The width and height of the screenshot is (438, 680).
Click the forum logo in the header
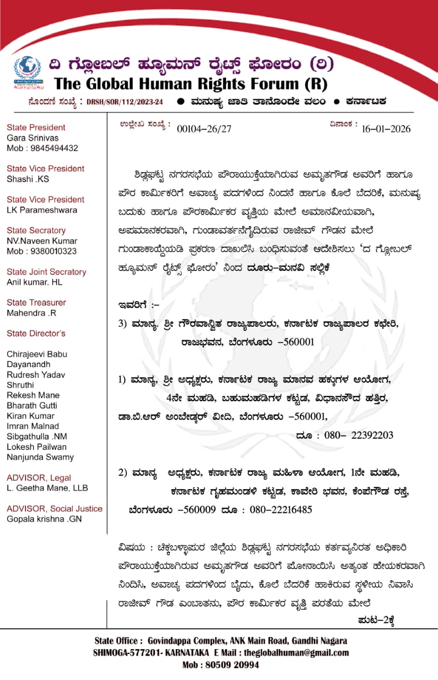pos(27,73)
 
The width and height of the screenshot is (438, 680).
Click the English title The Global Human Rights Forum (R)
pos(191,83)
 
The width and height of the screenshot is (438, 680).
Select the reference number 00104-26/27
pos(204,128)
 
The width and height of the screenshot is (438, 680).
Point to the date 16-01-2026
pos(386,128)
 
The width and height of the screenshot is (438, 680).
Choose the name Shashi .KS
pos(28,179)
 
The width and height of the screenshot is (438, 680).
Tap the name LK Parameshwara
pos(42,210)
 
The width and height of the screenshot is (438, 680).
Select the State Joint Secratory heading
pos(46,272)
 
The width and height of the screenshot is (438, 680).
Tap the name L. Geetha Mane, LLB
pos(47,488)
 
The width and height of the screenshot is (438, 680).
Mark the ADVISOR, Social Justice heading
pos(55,508)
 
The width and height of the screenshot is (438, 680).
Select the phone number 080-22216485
pos(277,509)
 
